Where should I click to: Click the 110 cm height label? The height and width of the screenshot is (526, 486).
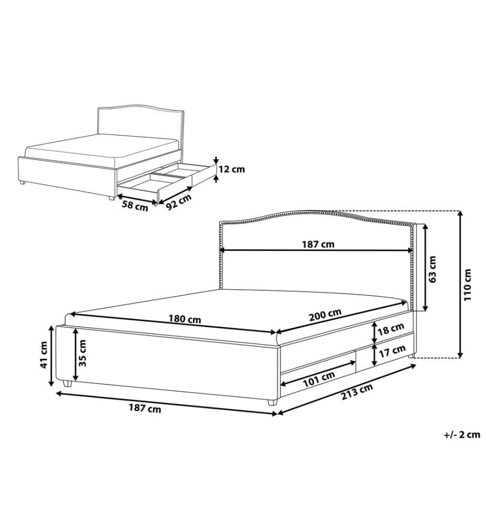[468, 284]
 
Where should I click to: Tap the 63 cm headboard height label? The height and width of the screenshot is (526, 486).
[432, 269]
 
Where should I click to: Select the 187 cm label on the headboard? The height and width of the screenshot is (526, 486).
[318, 244]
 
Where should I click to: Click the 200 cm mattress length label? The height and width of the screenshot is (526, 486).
[325, 315]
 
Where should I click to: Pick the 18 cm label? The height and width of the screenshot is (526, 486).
[391, 329]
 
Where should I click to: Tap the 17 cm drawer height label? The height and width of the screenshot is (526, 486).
[392, 351]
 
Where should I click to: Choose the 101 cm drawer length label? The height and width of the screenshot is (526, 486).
[319, 379]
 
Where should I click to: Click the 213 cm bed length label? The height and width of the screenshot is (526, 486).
[357, 392]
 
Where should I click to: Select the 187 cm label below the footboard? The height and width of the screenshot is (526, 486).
[145, 408]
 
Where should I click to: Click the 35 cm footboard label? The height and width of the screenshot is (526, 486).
[82, 353]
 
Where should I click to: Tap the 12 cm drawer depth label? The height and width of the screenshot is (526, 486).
[232, 169]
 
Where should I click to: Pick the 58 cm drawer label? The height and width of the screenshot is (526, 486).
[135, 206]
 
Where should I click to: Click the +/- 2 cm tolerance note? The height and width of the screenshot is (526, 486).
[462, 435]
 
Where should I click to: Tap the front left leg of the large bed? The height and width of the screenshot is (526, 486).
[67, 384]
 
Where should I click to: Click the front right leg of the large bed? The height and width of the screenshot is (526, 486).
[272, 402]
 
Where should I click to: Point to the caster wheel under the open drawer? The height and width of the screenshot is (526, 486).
[155, 203]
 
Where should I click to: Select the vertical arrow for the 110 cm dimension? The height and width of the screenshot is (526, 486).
[461, 284]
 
